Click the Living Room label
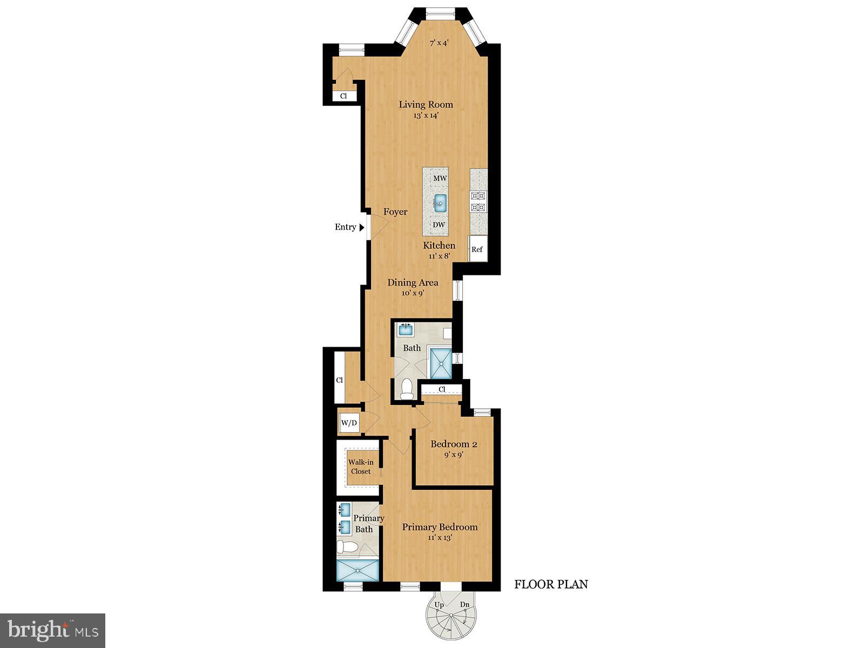(x=426, y=104)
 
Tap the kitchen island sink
(x=440, y=204)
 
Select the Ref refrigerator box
(x=477, y=249)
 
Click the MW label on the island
(x=440, y=178)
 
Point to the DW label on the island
(x=439, y=225)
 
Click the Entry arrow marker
(x=361, y=227)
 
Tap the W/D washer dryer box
(x=349, y=422)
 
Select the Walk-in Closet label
(x=360, y=467)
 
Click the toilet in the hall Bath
(x=406, y=388)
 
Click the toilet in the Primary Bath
(x=347, y=547)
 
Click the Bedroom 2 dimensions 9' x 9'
(x=454, y=455)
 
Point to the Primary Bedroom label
(x=440, y=527)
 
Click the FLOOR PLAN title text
(x=551, y=584)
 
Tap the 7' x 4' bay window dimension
(x=439, y=43)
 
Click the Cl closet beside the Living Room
(x=343, y=96)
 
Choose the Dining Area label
(x=413, y=282)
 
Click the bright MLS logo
(x=52, y=630)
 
